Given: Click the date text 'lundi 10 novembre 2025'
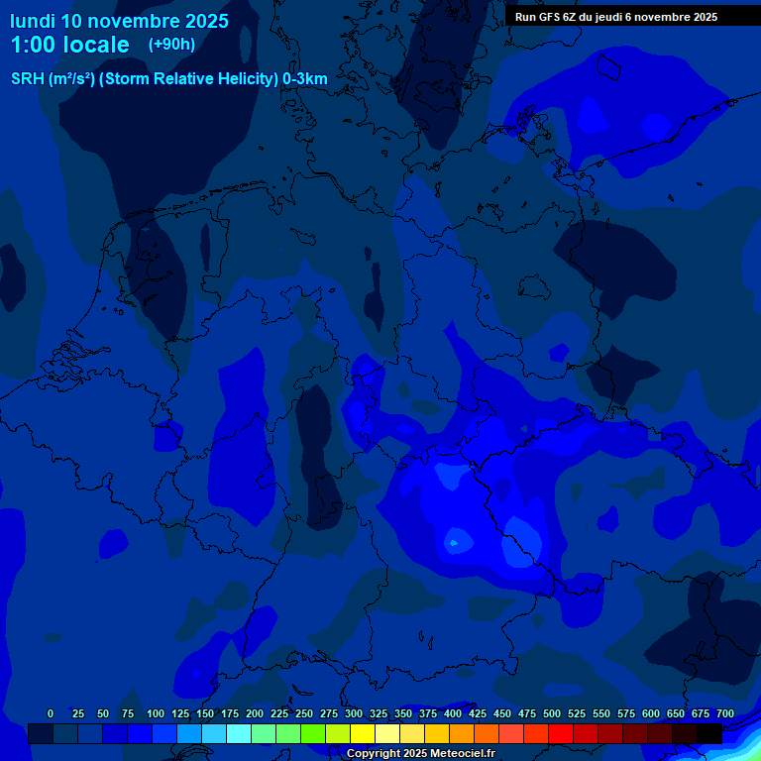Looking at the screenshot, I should (119, 21).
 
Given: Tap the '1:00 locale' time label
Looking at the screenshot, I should (69, 45).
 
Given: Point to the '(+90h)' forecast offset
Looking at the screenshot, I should (171, 45).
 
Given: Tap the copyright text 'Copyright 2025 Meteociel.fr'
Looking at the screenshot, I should (420, 753).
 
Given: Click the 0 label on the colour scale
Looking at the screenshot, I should (51, 713).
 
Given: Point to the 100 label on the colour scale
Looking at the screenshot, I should (156, 713).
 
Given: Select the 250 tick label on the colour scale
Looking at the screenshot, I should (304, 713).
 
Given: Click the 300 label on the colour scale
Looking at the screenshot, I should (354, 713).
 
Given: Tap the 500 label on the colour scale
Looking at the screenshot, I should (552, 713).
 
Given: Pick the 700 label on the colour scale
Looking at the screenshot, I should (725, 713).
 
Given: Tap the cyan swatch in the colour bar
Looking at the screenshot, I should (239, 733).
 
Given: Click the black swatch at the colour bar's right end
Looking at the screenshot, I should (709, 733).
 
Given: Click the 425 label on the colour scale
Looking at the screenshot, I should (478, 713).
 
